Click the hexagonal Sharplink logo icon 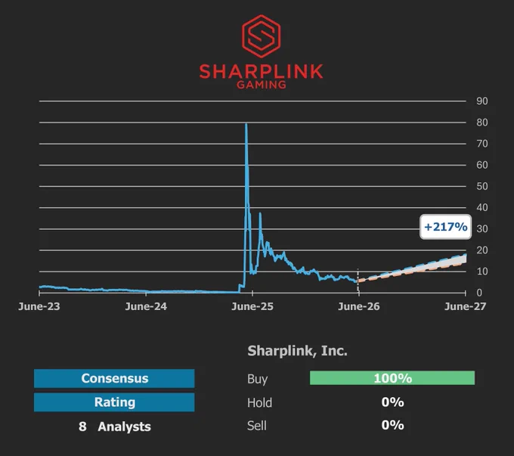pos(262,36)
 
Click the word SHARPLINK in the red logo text pos(262,71)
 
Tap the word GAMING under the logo pos(262,85)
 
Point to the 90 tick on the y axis pos(482,101)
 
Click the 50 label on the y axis pos(482,186)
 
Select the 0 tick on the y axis pos(479,293)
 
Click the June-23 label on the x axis pos(39,306)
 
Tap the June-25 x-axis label pos(252,306)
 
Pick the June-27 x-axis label pos(465,306)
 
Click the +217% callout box pos(445,227)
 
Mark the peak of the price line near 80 pos(246,124)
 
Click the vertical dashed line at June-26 pos(358,281)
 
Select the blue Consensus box pos(114,378)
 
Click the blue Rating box pos(114,402)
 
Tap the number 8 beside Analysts pos(82,427)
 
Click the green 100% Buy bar pos(392,378)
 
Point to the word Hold pos(259,402)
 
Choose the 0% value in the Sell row pos(393,425)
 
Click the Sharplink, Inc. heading pos(297,351)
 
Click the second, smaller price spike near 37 pos(260,214)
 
